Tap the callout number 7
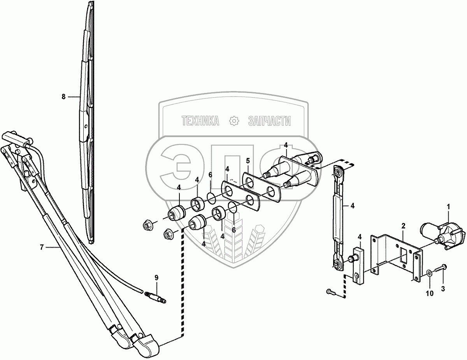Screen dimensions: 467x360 pos(42,246)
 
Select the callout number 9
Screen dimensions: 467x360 pos(156,278)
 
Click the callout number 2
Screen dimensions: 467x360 pos(403,225)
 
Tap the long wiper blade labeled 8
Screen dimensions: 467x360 pos(86,121)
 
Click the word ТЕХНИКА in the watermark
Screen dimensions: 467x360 pos(200,121)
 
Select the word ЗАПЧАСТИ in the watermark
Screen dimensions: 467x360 pos(269,121)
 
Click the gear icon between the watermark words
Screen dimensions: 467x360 pos(233,121)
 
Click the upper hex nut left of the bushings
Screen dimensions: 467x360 pos(147,225)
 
